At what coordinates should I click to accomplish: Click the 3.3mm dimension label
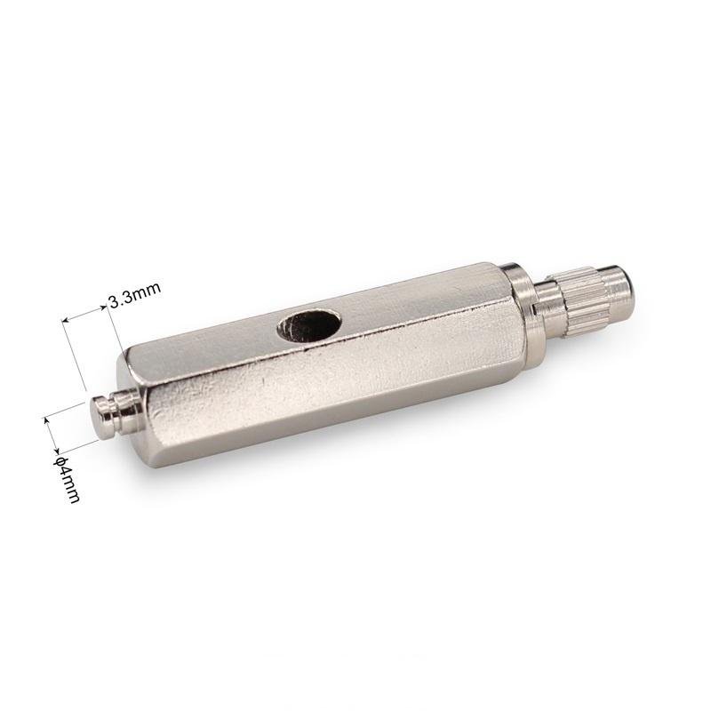click(134, 296)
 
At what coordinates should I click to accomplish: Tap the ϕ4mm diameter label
click(67, 479)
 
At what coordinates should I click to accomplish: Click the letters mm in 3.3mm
click(145, 292)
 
